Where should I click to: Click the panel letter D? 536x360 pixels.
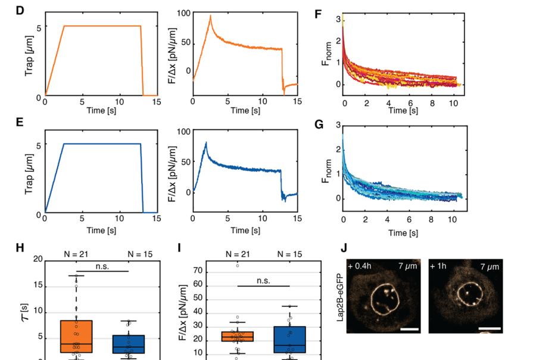[x=20, y=10]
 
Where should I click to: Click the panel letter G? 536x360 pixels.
[x=319, y=124]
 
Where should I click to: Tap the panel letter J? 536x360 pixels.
[x=344, y=247]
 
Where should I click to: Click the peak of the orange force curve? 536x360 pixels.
[x=211, y=15]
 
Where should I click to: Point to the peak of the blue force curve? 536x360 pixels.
[x=206, y=142]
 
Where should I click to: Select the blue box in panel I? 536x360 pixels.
[x=289, y=340]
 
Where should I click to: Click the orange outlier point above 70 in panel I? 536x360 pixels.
[x=238, y=266]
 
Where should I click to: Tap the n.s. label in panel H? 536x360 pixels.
[x=102, y=266]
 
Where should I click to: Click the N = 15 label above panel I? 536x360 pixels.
[x=289, y=255]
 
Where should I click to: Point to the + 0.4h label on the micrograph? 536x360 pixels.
[x=360, y=266]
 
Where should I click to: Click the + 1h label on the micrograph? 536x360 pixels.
[x=438, y=266]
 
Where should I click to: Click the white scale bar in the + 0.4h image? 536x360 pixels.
[x=409, y=329]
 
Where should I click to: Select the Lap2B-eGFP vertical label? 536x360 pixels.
[x=340, y=298]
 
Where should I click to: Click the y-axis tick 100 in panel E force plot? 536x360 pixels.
[x=184, y=132]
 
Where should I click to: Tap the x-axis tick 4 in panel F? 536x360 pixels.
[x=389, y=103]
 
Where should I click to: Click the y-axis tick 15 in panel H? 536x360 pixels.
[x=38, y=285]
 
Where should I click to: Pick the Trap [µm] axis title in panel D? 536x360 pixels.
[x=29, y=56]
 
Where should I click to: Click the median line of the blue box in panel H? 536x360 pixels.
[x=129, y=347]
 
